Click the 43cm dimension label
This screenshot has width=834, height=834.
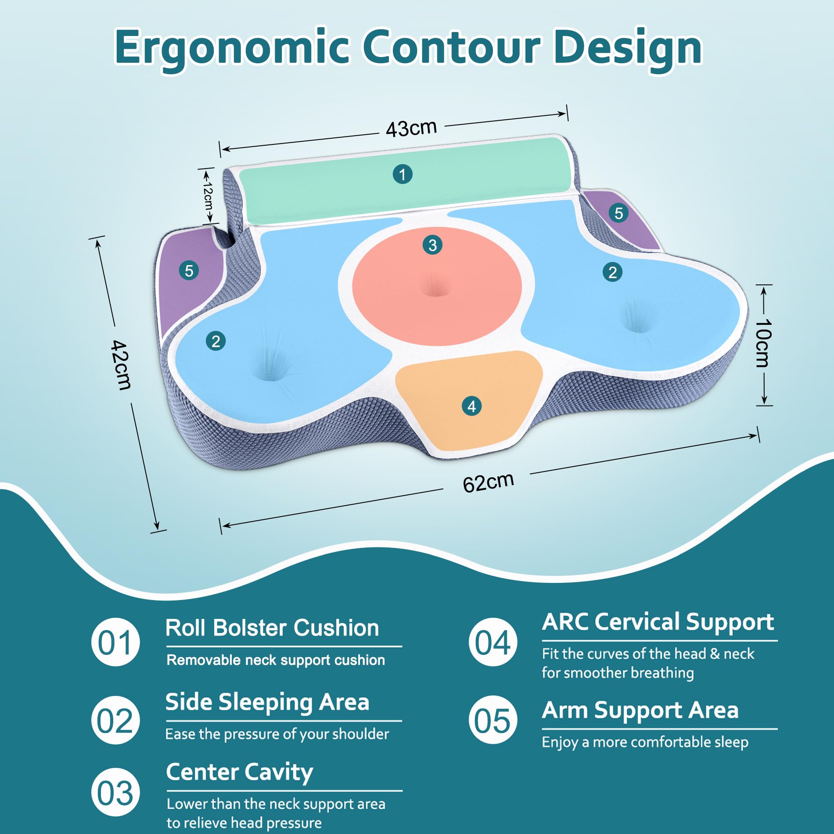tap(411, 128)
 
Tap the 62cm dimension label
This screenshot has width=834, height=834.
tap(488, 482)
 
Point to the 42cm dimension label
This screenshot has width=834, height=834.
tap(121, 365)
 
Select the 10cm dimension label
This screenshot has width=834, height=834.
tap(763, 343)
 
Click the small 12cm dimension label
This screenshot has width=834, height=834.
tap(208, 196)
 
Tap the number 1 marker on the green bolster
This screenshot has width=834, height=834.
tap(402, 174)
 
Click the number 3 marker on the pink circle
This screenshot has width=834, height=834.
tap(432, 245)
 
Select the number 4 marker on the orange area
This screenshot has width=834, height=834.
tap(471, 406)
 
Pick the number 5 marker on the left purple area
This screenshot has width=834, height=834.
tap(189, 270)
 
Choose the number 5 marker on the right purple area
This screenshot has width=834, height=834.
tap(618, 213)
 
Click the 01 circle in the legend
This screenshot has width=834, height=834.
tap(115, 642)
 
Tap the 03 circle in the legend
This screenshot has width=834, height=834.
tap(115, 793)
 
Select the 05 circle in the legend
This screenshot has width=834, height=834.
tap(492, 720)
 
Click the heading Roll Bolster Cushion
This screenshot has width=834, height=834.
tap(272, 628)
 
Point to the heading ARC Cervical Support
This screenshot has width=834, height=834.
tap(658, 622)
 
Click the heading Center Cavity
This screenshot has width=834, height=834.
tap(240, 772)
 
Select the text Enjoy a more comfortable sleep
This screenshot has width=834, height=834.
tap(645, 742)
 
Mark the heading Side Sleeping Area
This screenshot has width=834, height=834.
tap(267, 702)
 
